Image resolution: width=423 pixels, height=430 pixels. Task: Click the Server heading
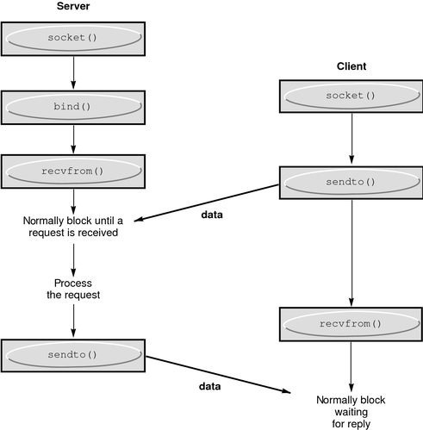[x=73, y=8]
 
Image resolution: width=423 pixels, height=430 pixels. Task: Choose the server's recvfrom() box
[x=72, y=171]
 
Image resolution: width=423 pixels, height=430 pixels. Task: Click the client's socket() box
[x=351, y=97]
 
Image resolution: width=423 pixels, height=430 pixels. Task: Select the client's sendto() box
[x=351, y=184]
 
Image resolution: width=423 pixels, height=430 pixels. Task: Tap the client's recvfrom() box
[x=351, y=325]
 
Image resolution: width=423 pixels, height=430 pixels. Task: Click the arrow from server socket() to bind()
[x=72, y=73]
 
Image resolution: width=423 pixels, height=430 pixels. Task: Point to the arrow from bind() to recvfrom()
[x=72, y=138]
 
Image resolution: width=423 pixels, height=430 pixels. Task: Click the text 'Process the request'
[x=72, y=290]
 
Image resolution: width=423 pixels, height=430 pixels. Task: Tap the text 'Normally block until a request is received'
[x=72, y=225]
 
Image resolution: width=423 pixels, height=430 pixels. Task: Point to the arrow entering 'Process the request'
[x=72, y=258]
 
